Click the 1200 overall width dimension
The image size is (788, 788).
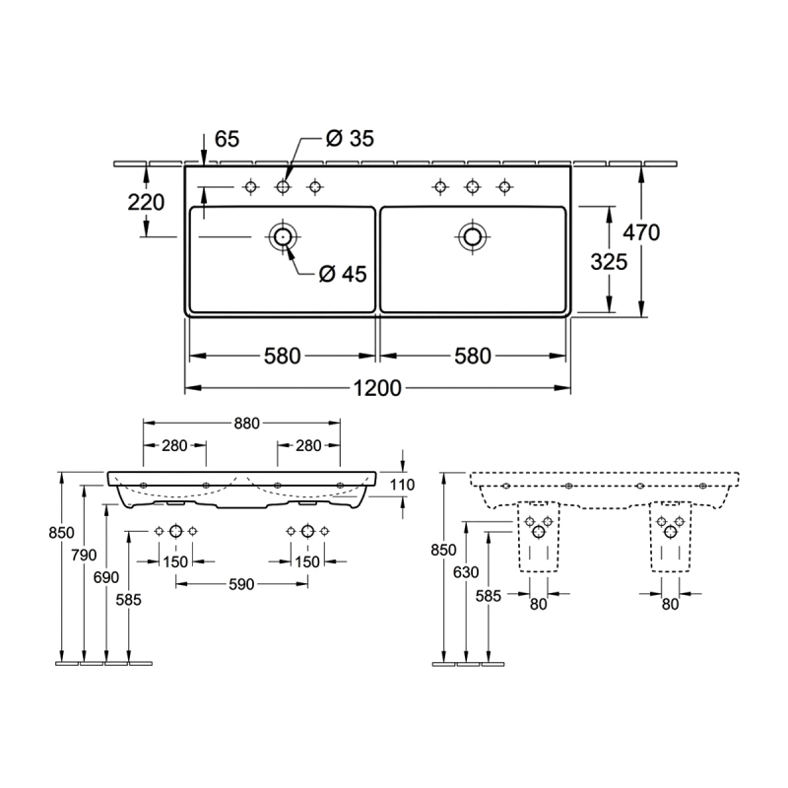378,387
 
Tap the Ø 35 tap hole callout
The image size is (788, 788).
350,138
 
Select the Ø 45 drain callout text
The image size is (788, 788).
343,274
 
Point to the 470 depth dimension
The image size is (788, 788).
641,232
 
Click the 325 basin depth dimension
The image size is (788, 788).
609,262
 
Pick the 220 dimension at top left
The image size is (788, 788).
146,203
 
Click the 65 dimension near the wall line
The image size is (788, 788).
228,139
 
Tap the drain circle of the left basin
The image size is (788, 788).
283,236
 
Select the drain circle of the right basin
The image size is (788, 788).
473,236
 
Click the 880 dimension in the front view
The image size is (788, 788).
247,424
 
